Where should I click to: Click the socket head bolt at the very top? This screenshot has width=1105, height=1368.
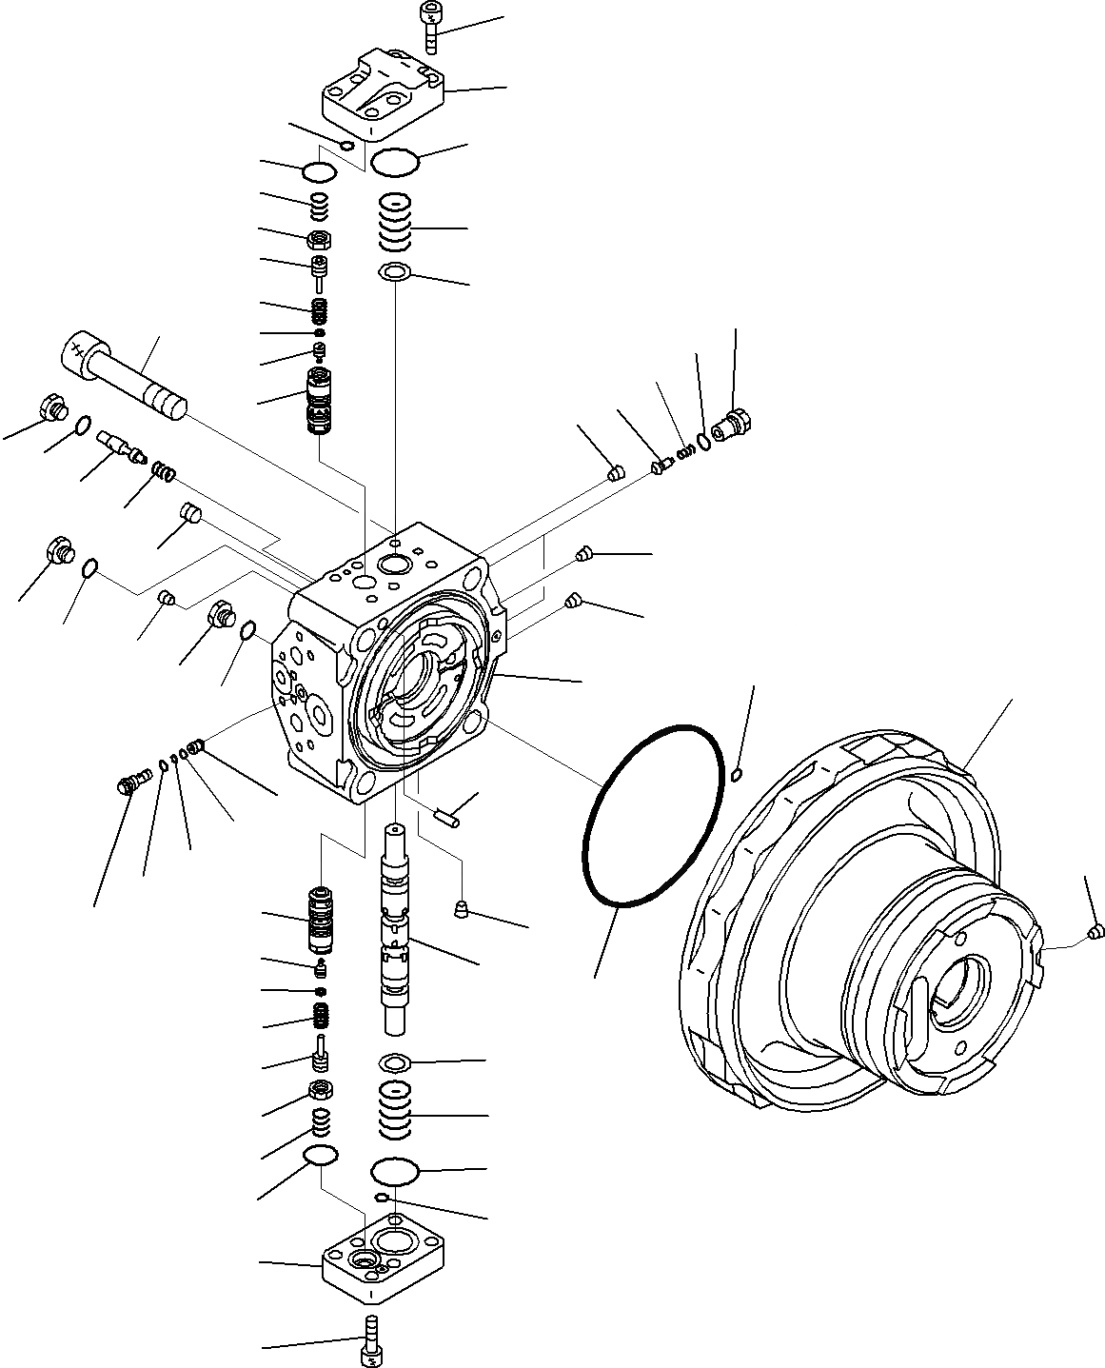[x=430, y=29]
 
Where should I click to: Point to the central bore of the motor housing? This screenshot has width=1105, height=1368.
[x=957, y=989]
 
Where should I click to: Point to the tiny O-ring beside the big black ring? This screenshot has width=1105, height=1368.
[x=737, y=776]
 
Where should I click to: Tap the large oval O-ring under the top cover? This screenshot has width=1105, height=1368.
[x=395, y=162]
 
